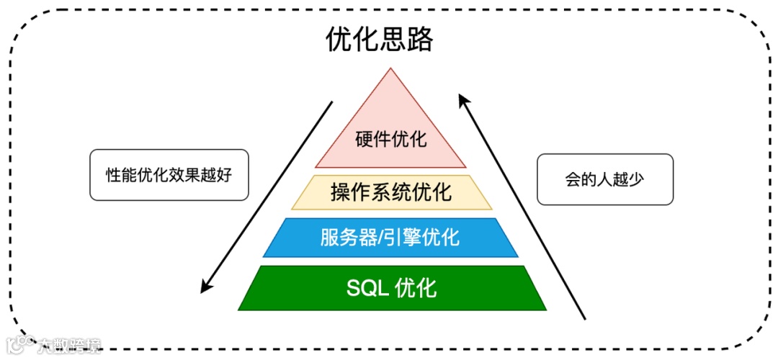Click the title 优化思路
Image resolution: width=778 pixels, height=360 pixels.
380,40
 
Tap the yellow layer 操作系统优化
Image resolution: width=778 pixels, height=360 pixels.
391,192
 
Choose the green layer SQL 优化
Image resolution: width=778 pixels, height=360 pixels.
392,288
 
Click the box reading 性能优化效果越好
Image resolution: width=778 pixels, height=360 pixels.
169,174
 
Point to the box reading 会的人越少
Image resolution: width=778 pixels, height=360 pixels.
604,179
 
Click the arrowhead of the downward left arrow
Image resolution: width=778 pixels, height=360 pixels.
205,288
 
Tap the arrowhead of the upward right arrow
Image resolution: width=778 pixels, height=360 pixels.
463,96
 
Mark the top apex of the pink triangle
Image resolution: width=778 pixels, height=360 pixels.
390,68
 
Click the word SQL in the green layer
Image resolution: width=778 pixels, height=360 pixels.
367,288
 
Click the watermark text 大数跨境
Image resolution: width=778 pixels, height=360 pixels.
70,345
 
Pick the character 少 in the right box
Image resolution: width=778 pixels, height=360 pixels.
635,179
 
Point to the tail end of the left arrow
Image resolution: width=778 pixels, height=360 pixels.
332,102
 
